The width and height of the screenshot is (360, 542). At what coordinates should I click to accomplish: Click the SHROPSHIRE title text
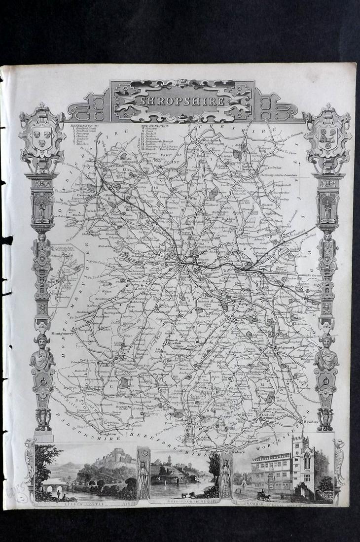coord(182,101)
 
